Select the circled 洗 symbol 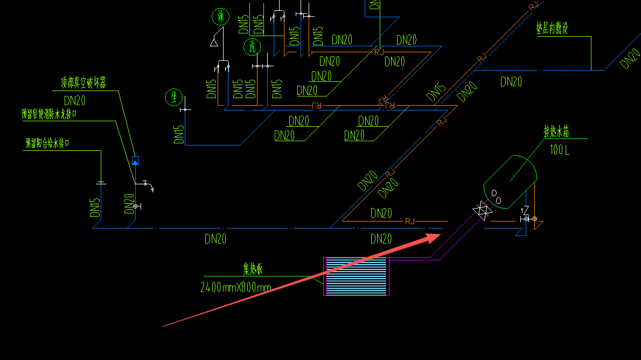coord(252,47)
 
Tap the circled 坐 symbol coord(173,98)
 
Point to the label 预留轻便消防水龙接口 coord(49,114)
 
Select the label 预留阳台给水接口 coord(47,143)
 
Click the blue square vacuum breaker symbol coord(135,160)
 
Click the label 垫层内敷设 coord(552,29)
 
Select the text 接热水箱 coord(556,131)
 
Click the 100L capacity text coord(559,150)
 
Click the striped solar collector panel coord(356,276)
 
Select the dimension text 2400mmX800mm coord(235,287)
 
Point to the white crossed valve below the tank coord(480,211)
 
